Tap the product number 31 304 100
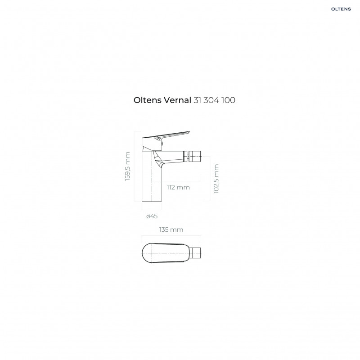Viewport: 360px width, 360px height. (x=214, y=100)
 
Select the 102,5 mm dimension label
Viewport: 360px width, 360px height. (x=216, y=179)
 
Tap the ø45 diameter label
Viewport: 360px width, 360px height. (x=152, y=216)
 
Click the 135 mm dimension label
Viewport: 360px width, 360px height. (x=171, y=229)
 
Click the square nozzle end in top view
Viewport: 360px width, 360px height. (x=196, y=252)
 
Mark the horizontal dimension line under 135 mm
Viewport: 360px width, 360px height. (x=171, y=236)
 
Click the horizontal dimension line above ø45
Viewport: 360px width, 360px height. (x=151, y=210)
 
